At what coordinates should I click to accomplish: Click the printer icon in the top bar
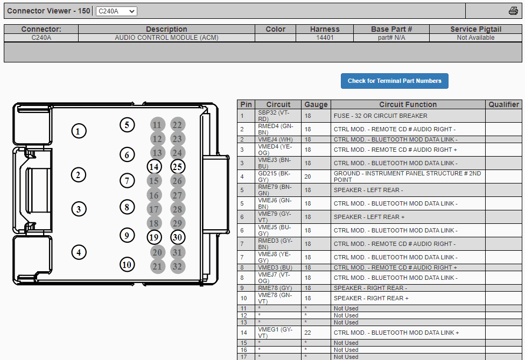point(513,11)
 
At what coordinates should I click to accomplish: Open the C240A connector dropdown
point(116,11)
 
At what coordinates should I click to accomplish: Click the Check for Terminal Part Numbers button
point(394,81)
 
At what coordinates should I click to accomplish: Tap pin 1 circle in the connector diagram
point(79,131)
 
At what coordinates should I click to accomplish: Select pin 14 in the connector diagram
point(155,167)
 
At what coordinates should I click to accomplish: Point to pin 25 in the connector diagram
point(178,167)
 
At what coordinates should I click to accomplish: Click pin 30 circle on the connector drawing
point(178,237)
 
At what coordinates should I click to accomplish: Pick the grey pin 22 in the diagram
point(178,125)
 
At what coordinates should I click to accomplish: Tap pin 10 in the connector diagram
point(127,265)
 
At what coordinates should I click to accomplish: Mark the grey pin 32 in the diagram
point(178,266)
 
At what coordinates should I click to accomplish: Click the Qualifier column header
point(503,104)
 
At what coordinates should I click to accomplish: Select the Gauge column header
point(316,104)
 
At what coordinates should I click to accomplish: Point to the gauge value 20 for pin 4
point(307,177)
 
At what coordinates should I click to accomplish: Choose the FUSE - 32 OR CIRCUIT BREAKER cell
point(380,116)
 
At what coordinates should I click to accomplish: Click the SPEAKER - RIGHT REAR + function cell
point(371,298)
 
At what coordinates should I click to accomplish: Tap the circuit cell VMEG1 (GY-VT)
point(275,333)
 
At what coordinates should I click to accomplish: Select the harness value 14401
point(325,38)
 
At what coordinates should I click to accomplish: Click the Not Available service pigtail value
point(475,38)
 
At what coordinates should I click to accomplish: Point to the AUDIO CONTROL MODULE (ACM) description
point(166,38)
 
